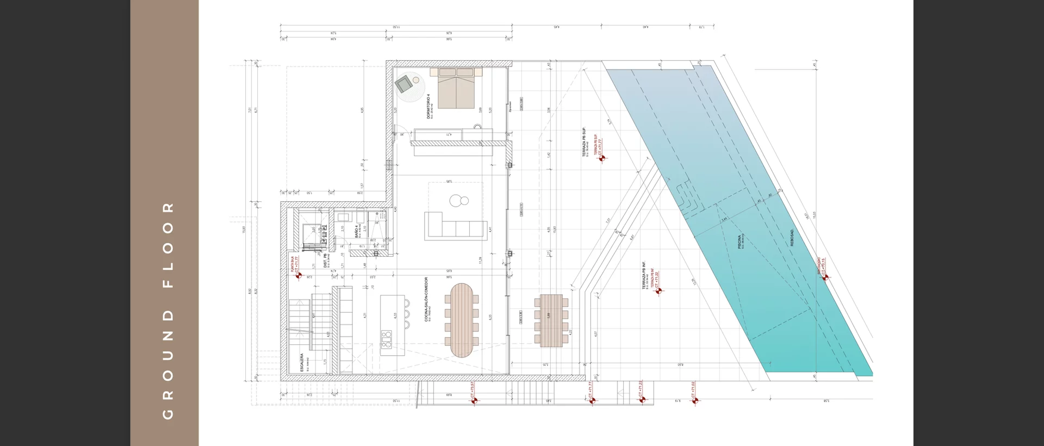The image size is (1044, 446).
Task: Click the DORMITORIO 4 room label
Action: [428, 106]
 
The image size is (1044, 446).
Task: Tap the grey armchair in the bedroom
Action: [404, 84]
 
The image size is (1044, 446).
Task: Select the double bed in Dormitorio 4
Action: [457, 88]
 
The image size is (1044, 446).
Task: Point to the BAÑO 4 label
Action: [357, 231]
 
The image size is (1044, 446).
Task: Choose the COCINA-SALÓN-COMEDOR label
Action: [427, 300]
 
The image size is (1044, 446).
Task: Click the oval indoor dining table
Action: [462, 320]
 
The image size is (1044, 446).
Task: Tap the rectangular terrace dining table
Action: [551, 320]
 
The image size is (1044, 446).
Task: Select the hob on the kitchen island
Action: [387, 338]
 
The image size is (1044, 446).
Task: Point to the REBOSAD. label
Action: [792, 237]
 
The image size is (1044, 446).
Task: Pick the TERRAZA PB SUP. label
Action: [584, 143]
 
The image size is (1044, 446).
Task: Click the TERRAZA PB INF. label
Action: [644, 275]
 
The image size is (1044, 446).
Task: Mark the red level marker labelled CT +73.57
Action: [474, 401]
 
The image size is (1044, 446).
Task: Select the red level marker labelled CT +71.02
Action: [695, 401]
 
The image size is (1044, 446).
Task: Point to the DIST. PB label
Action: [325, 260]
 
